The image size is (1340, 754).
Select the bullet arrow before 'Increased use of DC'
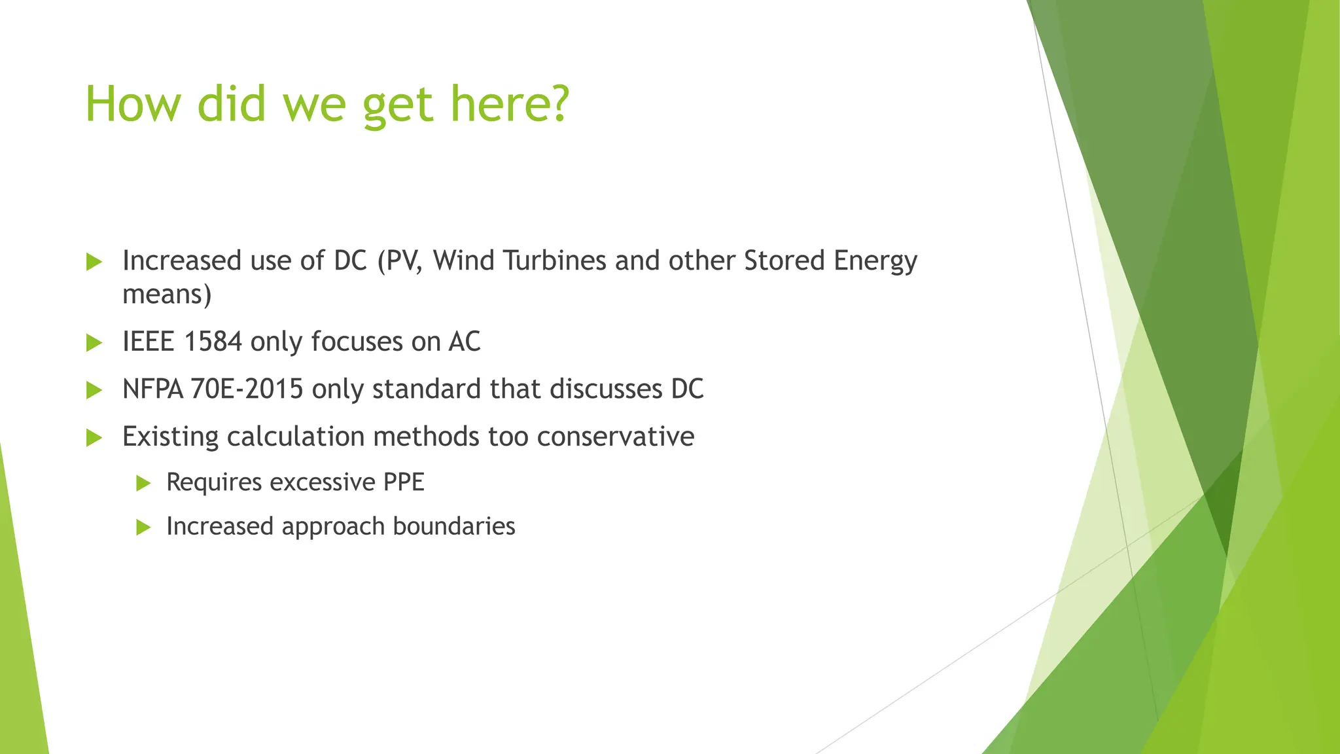[94, 262]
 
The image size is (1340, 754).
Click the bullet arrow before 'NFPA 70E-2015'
[94, 391]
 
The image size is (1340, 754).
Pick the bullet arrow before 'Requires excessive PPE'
[143, 484]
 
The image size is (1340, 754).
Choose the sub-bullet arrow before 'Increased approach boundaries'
[143, 528]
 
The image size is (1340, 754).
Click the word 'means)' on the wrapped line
[167, 295]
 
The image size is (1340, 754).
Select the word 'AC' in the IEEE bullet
[465, 342]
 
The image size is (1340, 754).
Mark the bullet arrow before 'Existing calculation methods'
[94, 438]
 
